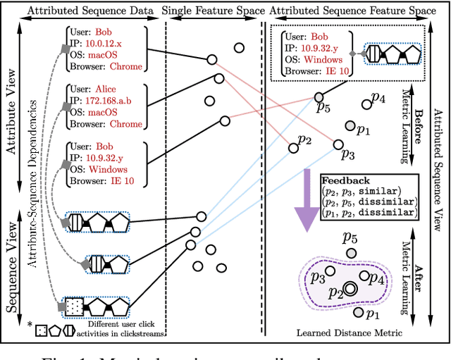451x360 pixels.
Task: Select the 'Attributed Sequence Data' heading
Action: tap(82, 11)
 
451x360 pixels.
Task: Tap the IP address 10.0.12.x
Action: tap(114, 44)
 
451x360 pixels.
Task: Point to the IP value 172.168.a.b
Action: tap(122, 101)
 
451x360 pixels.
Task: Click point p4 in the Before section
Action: tap(366, 104)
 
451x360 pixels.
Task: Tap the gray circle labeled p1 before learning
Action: tap(350, 126)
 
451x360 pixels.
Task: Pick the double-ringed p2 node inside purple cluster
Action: tap(350, 289)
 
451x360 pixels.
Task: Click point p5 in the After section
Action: tap(350, 253)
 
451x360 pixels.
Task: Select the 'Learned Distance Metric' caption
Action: tap(349, 332)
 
